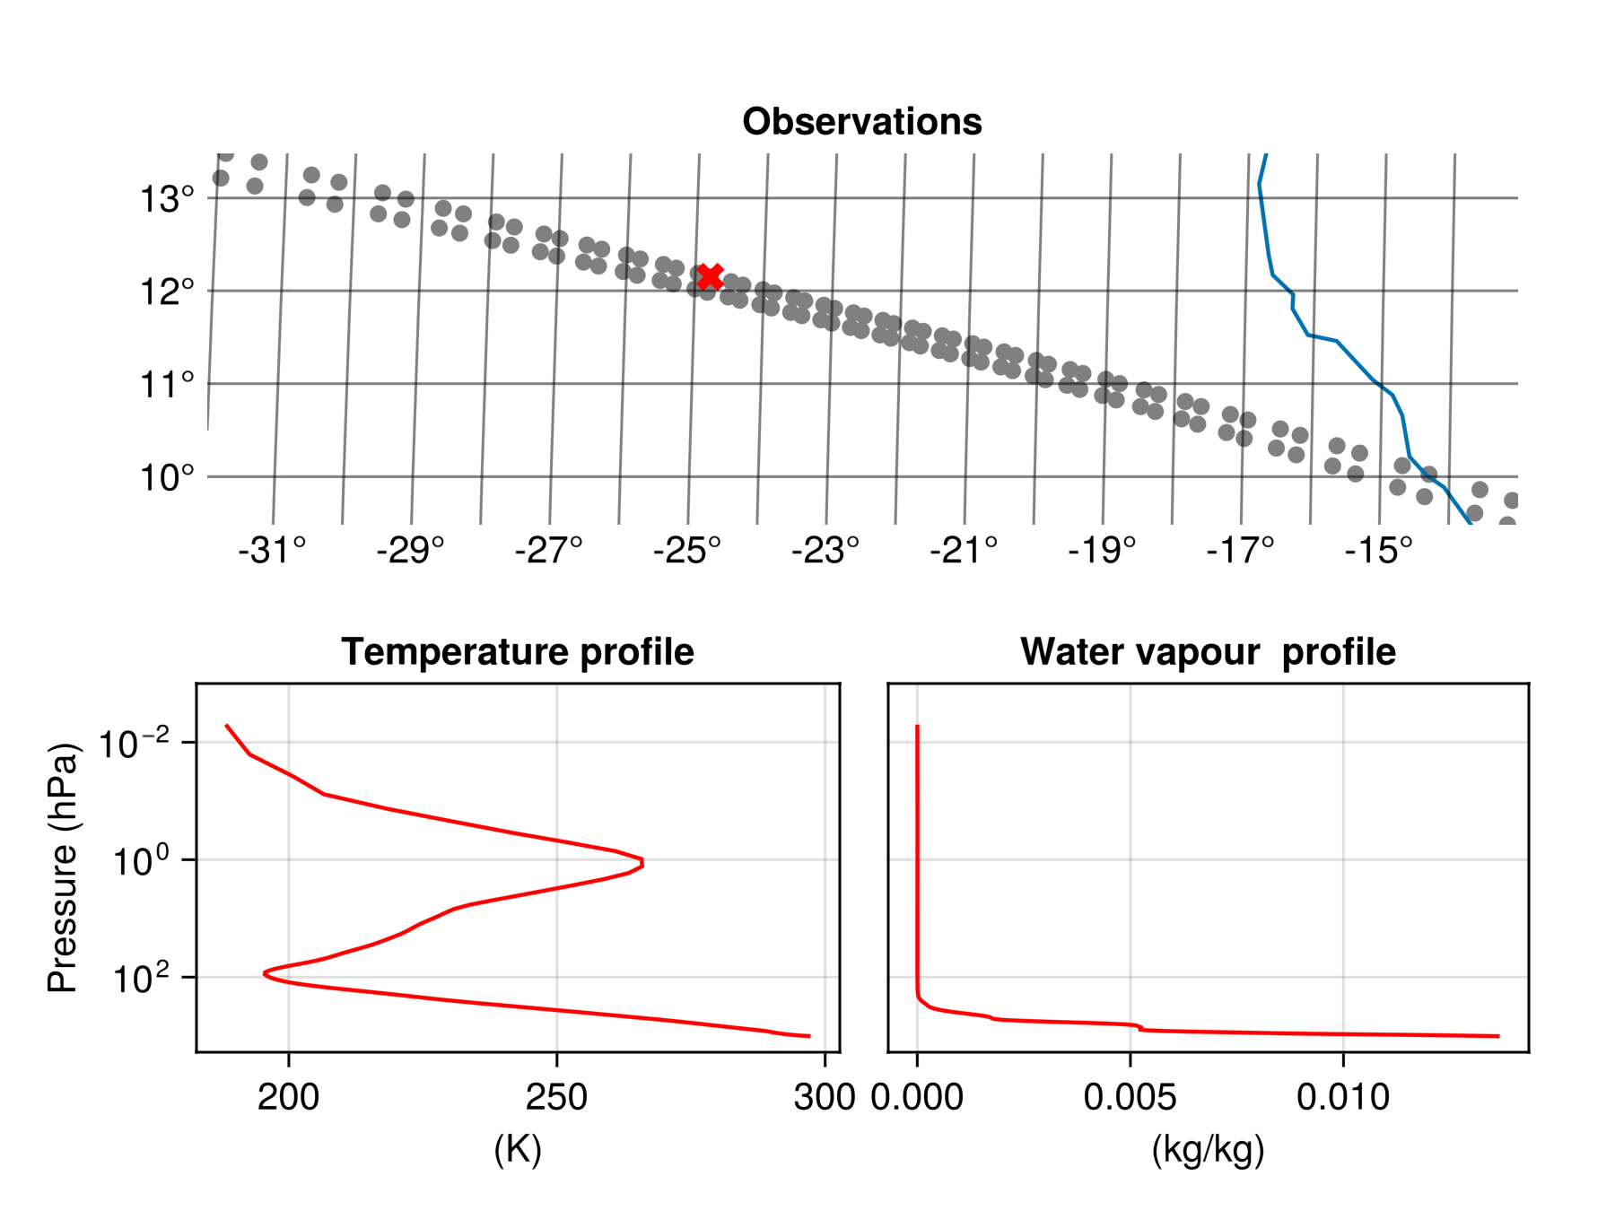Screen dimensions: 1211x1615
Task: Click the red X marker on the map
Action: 710,276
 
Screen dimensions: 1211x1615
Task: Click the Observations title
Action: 861,122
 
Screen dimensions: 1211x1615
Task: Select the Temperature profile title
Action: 517,652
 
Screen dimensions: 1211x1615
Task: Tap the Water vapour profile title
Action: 1208,652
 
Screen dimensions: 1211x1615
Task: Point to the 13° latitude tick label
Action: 167,199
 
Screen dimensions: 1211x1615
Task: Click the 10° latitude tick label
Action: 167,478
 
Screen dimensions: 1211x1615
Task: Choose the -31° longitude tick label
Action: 272,551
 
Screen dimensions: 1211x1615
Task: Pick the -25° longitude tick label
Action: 687,551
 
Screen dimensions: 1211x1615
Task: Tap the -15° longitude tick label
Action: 1379,551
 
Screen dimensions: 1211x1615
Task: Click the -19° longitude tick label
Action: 1102,551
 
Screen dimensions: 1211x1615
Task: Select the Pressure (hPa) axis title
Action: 63,867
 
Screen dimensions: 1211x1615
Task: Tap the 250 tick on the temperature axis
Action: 556,1097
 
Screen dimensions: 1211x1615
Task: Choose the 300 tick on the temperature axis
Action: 825,1097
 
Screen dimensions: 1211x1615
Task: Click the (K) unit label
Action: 518,1149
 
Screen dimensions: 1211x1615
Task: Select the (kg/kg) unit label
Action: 1208,1149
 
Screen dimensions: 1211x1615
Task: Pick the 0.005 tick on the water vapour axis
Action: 1130,1097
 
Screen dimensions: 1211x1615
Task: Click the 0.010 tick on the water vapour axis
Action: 1343,1097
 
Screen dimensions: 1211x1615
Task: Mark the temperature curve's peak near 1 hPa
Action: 642,863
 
